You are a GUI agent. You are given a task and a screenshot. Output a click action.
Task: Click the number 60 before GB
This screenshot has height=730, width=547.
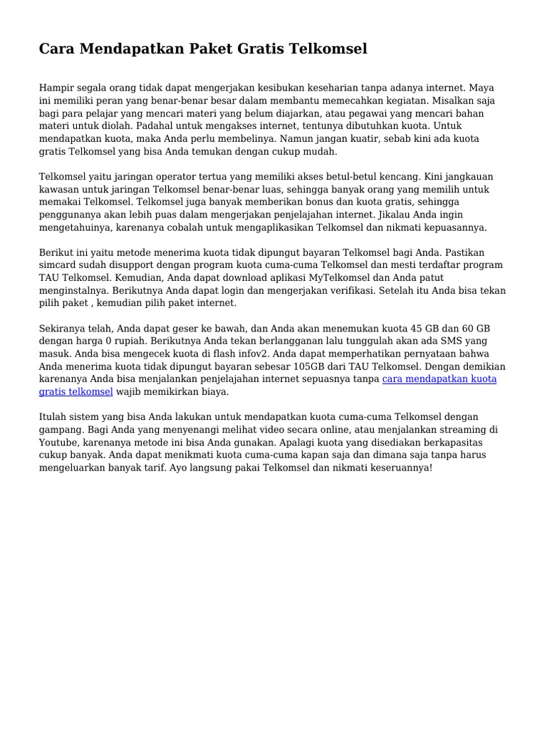coord(474,329)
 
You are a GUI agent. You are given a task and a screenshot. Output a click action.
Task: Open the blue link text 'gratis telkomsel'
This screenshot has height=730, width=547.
coord(76,392)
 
